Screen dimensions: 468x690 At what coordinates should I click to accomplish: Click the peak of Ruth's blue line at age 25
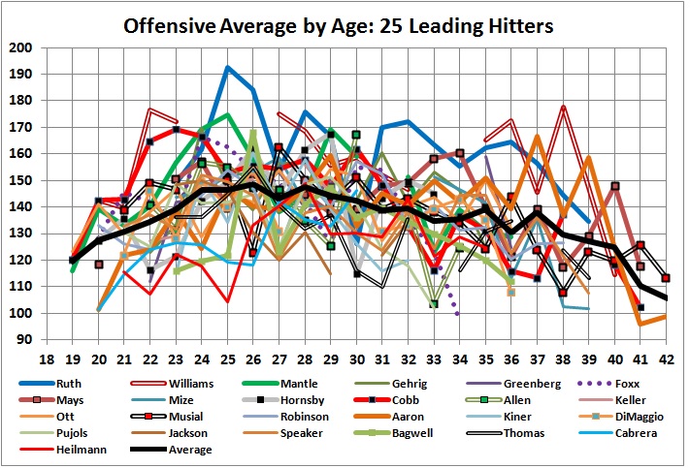227,67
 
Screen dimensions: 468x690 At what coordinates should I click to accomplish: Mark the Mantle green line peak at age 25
227,114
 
